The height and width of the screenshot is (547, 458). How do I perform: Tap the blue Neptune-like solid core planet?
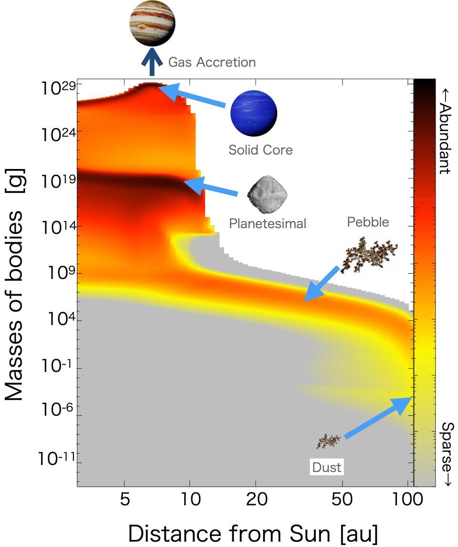tap(253, 113)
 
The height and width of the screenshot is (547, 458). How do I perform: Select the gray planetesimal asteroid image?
tap(261, 194)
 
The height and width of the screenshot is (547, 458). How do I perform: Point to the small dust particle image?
tap(329, 441)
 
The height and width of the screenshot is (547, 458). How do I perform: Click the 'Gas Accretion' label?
tap(212, 62)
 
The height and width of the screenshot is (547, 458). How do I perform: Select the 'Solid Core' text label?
tap(260, 150)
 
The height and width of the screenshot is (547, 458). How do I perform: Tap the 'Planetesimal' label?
tap(267, 223)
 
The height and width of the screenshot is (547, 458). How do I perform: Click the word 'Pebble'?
tap(368, 222)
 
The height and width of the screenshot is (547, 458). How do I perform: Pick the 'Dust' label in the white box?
tap(327, 467)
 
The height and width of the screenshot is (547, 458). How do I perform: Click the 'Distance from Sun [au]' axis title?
tap(253, 532)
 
